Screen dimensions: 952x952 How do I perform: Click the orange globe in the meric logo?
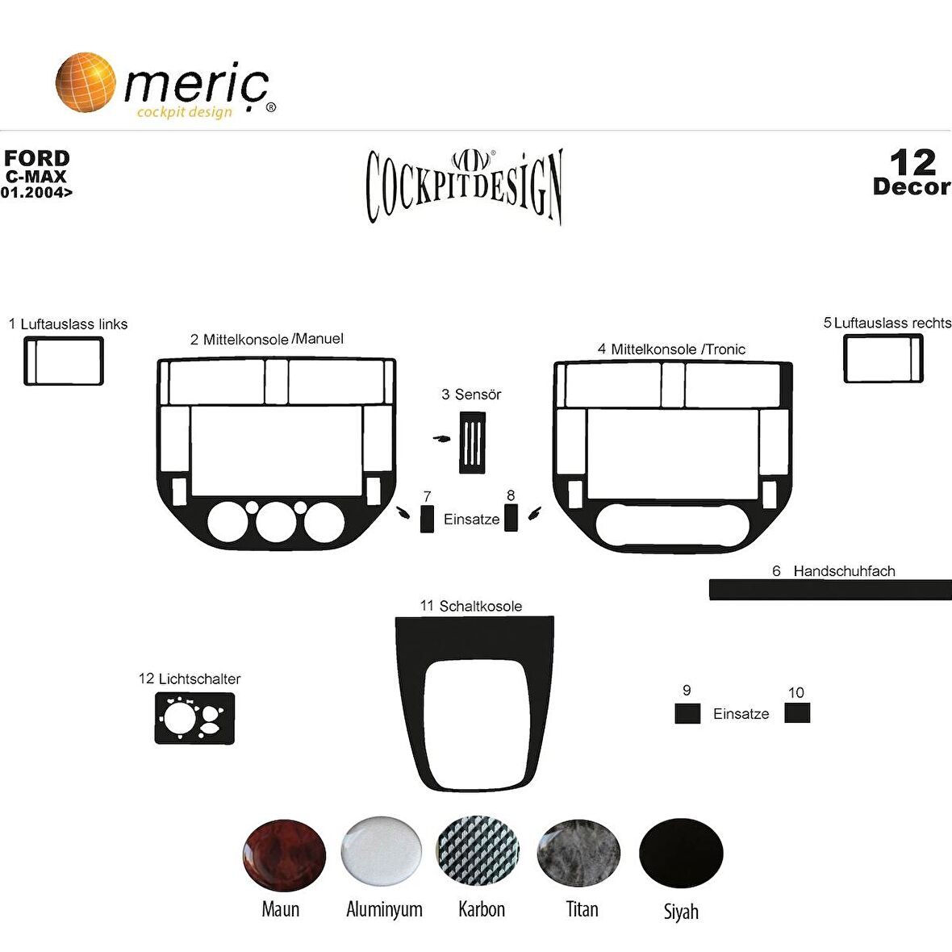(x=86, y=82)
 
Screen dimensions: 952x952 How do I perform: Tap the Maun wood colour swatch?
(x=283, y=855)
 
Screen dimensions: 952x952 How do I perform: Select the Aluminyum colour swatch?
(x=382, y=851)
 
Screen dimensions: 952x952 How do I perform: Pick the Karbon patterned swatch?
(x=478, y=851)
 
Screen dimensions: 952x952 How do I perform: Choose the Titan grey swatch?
(x=578, y=853)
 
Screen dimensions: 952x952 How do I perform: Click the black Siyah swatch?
(x=681, y=853)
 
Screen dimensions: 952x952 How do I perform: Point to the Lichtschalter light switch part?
(x=194, y=719)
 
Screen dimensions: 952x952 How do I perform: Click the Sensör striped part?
(x=472, y=443)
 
